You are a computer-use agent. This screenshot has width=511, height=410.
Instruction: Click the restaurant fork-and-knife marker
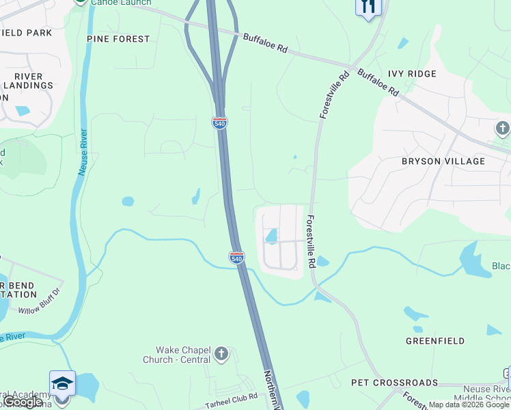click(368, 8)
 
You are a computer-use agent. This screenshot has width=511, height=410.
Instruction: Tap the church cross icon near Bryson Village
click(502, 128)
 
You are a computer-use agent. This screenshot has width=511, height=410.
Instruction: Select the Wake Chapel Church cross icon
click(221, 353)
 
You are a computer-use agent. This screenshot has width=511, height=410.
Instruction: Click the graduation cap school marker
click(61, 383)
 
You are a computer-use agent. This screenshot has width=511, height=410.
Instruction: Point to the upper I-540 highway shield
click(219, 122)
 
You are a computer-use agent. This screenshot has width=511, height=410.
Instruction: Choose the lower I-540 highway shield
click(236, 258)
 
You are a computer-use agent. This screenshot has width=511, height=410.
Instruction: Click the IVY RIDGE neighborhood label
click(412, 74)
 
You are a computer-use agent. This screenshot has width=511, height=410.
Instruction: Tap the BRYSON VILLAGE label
click(443, 161)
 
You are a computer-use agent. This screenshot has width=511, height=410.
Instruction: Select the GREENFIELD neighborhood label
click(435, 340)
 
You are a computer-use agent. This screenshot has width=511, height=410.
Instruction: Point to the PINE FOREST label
click(118, 39)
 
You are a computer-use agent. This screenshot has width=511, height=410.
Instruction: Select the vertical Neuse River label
click(83, 153)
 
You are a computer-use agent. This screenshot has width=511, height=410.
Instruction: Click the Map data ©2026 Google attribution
click(469, 405)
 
